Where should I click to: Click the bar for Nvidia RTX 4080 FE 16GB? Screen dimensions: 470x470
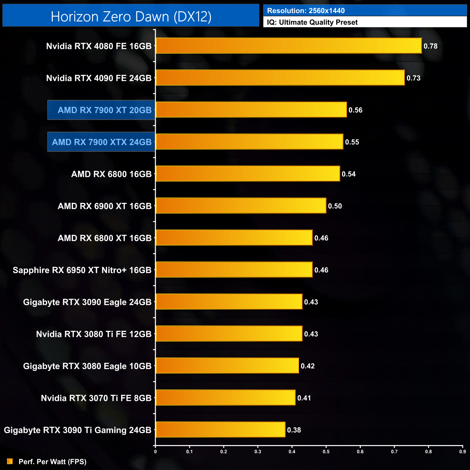pos(289,46)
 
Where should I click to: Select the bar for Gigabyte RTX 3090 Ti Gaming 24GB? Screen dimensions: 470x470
pos(220,430)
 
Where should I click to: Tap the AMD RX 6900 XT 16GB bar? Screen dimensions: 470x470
pos(241,206)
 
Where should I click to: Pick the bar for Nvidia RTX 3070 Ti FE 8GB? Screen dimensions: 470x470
pos(225,398)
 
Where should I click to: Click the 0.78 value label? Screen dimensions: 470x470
pos(430,46)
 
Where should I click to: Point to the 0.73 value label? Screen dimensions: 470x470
pos(413,78)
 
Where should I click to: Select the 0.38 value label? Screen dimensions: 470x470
pos(294,430)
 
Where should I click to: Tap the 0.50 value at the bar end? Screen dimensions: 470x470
pos(335,206)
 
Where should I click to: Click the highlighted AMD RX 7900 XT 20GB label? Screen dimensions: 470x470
pos(104,110)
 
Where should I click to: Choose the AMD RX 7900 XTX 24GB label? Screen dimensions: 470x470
pos(102,142)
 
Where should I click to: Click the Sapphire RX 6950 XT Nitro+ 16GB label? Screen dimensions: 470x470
pos(82,270)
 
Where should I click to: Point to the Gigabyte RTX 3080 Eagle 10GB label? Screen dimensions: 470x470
pos(87,366)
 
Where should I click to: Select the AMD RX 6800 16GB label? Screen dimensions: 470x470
pos(111,174)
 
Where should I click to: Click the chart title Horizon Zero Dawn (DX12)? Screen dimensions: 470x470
pos(131,17)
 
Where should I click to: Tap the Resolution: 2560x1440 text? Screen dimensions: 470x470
pos(306,11)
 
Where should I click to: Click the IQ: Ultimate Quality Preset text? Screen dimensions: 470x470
pos(312,22)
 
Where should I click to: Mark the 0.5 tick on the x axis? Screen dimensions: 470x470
pos(326,452)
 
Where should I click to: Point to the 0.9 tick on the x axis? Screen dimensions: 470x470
pos(462,452)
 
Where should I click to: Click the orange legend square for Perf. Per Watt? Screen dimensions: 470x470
pos(10,461)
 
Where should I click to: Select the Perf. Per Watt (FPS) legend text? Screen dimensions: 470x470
pos(52,462)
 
